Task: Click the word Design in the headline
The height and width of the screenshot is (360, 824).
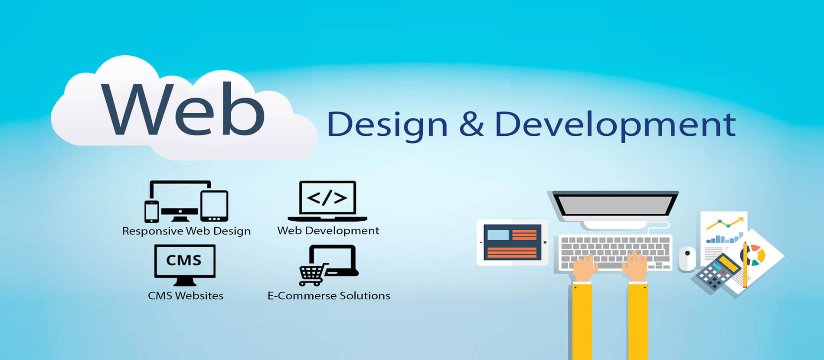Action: pyautogui.click(x=387, y=125)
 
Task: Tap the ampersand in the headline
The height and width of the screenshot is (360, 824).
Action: pyautogui.click(x=471, y=124)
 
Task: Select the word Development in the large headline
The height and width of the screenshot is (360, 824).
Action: pyautogui.click(x=615, y=125)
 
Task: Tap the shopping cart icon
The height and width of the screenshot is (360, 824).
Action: pyautogui.click(x=312, y=274)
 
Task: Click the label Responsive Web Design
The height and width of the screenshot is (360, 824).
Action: pyautogui.click(x=186, y=231)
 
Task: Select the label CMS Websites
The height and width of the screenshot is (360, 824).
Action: pyautogui.click(x=186, y=296)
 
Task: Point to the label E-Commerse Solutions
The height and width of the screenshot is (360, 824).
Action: pyautogui.click(x=329, y=296)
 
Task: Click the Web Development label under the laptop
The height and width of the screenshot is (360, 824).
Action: pyautogui.click(x=328, y=230)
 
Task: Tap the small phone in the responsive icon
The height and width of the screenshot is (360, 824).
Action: pyautogui.click(x=151, y=211)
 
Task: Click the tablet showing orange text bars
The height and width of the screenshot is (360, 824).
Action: pyautogui.click(x=512, y=242)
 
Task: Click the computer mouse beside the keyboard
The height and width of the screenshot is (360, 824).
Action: pyautogui.click(x=687, y=259)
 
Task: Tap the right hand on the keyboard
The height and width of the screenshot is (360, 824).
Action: pyautogui.click(x=635, y=266)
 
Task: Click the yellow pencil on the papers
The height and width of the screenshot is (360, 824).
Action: pyautogui.click(x=745, y=265)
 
